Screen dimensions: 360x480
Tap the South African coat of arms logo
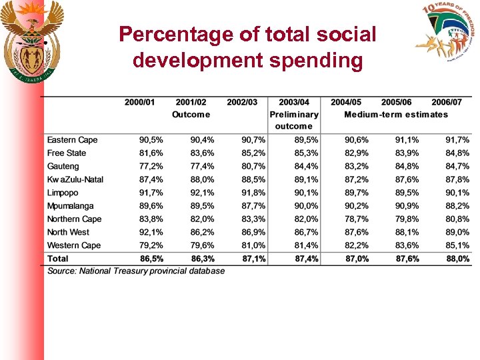pos(31,39)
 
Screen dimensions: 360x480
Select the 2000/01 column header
pos(139,102)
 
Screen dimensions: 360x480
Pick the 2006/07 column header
pos(446,102)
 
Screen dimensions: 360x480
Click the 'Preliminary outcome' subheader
pos(294,120)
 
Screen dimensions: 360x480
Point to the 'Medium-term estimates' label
pos(396,114)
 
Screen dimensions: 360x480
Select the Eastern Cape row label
pos(72,140)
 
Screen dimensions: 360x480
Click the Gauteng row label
pos(63,166)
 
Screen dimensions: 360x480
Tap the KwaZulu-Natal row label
pos(75,179)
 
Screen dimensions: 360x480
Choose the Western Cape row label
pos(74,245)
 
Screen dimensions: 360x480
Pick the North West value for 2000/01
pos(151,232)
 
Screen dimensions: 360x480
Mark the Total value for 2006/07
pos(457,259)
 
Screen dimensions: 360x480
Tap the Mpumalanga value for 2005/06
pos(407,206)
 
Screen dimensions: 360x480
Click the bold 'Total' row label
pos(58,259)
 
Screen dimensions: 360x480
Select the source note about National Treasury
pos(136,271)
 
